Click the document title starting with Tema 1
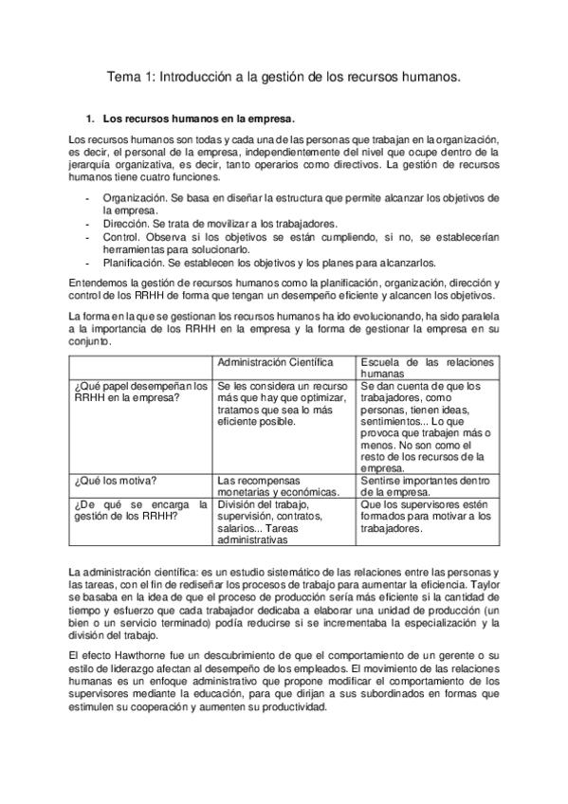point(284,80)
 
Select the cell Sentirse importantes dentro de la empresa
point(427,487)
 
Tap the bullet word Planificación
point(133,263)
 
